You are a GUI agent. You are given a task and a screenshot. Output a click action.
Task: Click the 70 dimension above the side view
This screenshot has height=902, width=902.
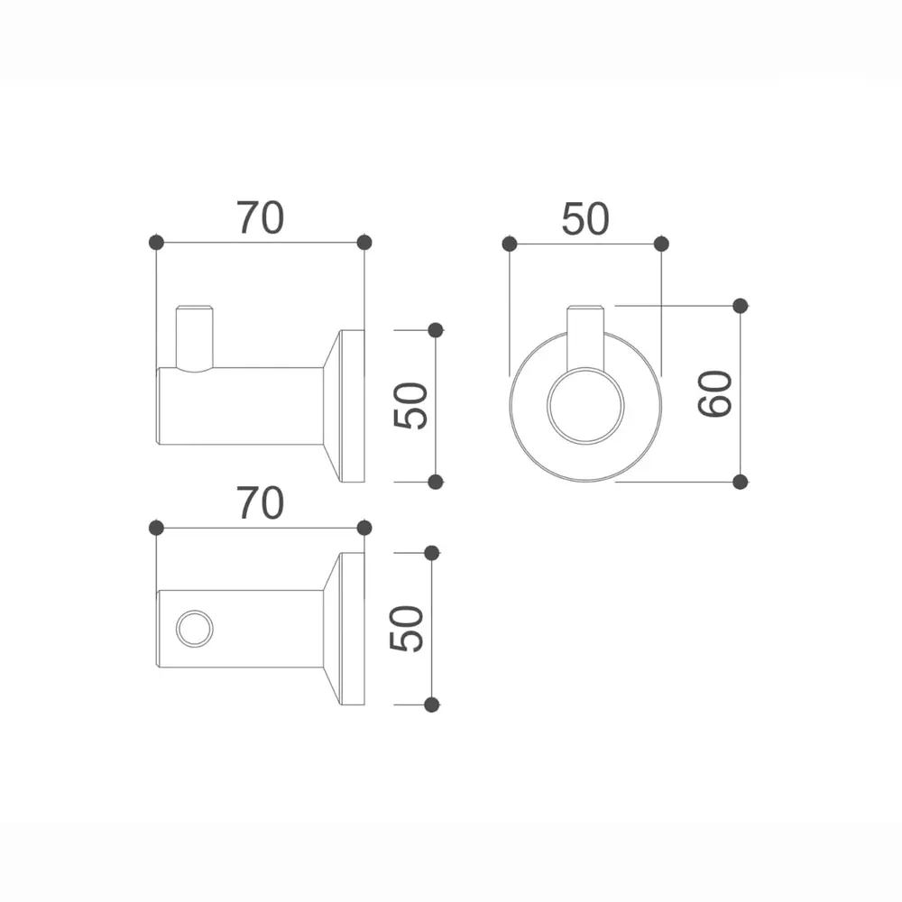[261, 218]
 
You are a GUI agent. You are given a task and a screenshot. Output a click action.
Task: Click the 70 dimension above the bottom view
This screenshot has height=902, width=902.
[261, 503]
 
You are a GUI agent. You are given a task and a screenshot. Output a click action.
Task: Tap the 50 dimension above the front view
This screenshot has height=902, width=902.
[585, 219]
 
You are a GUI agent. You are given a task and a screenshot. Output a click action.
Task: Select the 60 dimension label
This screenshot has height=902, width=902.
[715, 394]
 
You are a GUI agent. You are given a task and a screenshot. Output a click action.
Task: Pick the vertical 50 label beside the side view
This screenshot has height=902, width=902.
[410, 406]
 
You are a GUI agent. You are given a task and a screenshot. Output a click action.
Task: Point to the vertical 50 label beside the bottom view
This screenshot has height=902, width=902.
[407, 628]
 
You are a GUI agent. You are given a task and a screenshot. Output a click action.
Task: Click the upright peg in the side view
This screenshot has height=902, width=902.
[195, 338]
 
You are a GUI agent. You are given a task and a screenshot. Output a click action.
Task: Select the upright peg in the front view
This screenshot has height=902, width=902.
[585, 337]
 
